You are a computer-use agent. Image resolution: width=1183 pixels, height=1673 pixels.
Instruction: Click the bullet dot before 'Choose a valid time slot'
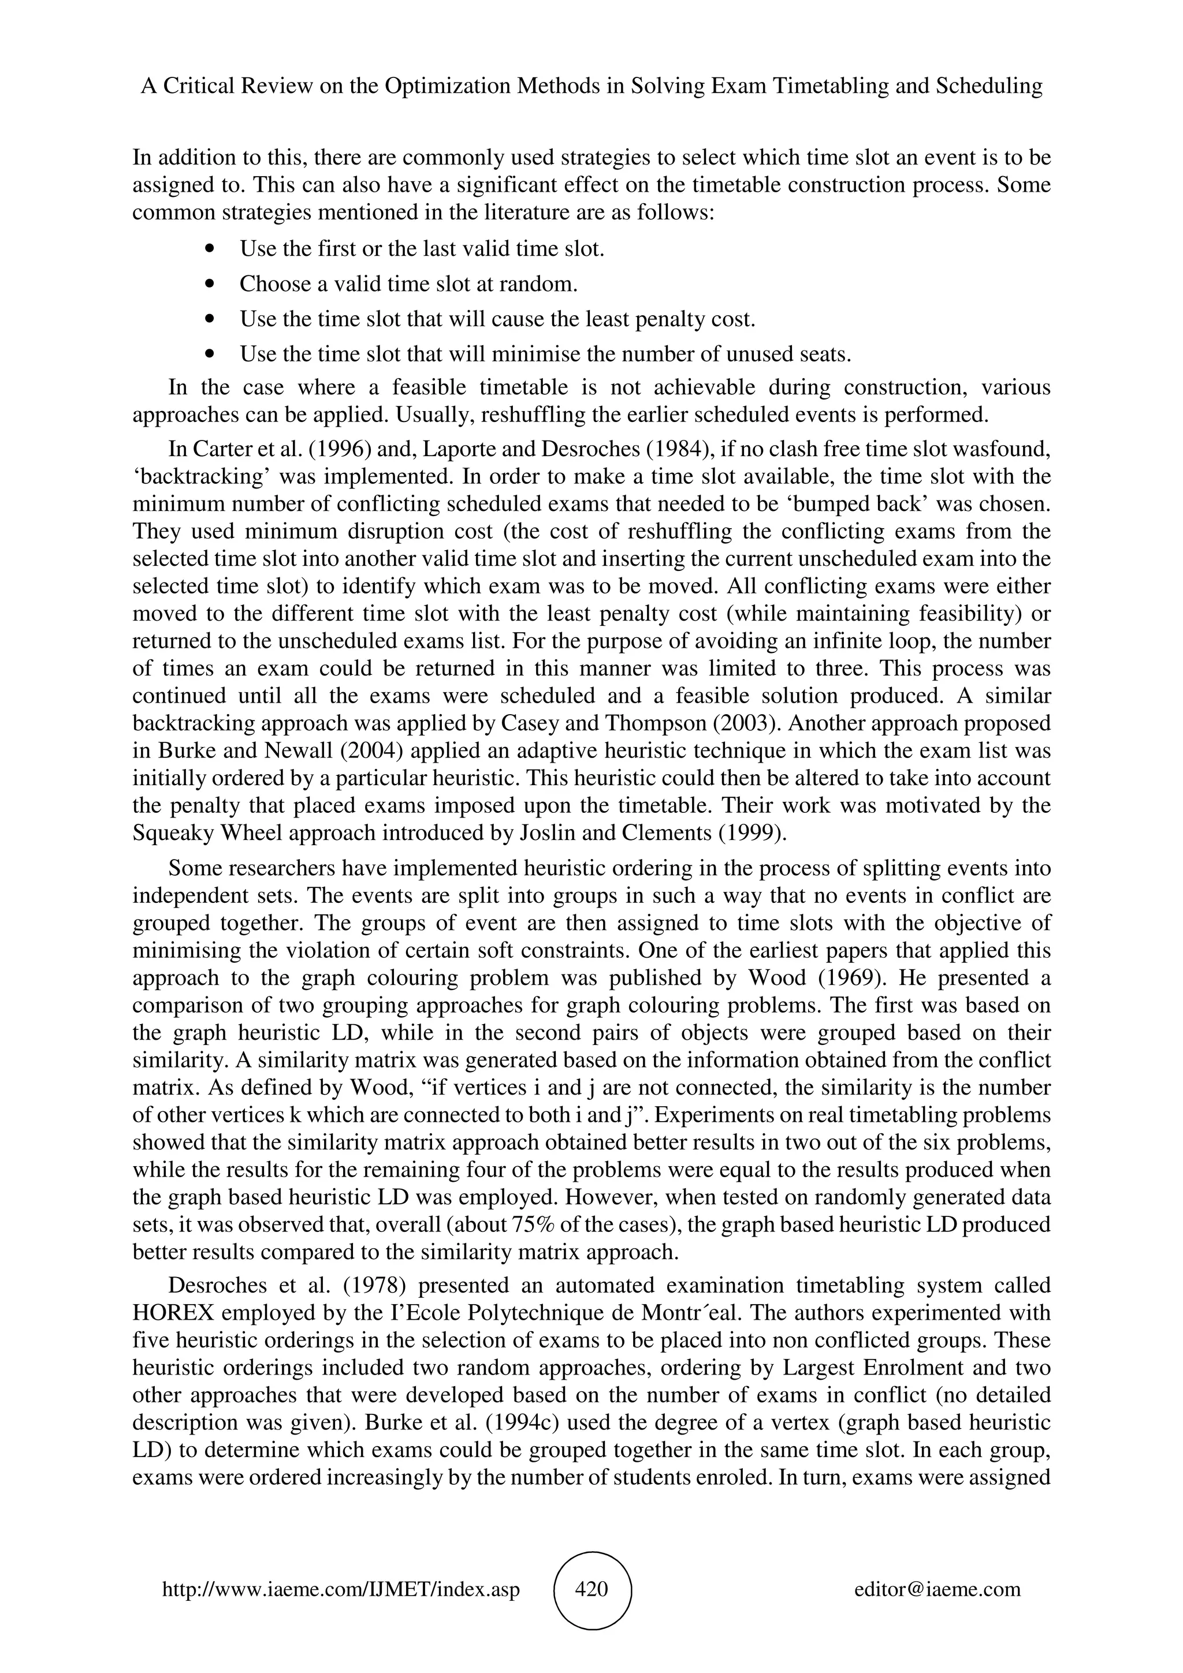[x=211, y=284]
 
